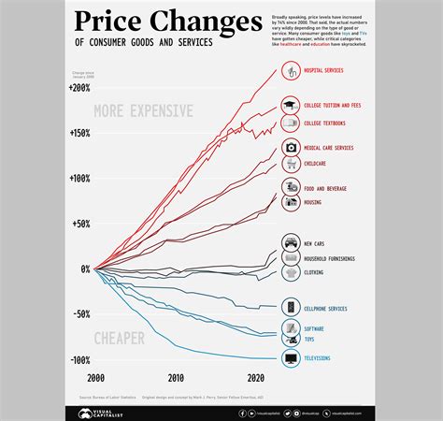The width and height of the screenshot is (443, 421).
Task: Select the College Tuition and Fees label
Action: click(332, 107)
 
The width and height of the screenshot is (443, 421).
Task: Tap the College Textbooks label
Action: click(326, 123)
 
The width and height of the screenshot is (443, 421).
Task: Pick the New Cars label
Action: click(314, 243)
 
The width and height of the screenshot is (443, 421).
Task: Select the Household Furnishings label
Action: click(330, 258)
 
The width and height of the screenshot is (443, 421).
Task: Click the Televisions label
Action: click(317, 358)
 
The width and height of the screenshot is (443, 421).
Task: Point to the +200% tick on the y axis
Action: click(79, 88)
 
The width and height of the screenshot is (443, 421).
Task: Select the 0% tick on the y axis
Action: click(85, 269)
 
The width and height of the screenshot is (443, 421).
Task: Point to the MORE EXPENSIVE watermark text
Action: click(144, 111)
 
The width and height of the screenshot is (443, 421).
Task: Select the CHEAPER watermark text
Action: click(119, 336)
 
